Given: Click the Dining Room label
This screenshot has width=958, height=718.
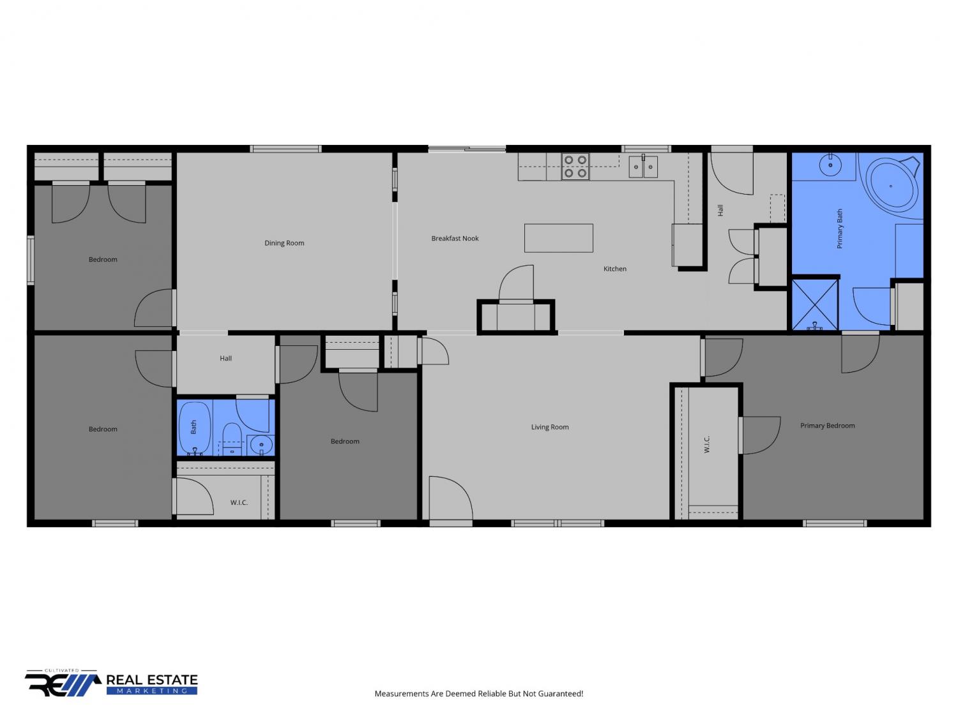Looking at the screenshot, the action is point(284,243).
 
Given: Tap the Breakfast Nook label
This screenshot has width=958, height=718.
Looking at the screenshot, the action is point(455,238).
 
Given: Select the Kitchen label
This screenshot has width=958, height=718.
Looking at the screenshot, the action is point(614,269).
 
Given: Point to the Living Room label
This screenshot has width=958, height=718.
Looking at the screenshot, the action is point(549,427).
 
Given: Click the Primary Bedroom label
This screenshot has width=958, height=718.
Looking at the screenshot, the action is point(827,426).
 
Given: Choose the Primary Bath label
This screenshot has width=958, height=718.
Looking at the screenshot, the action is point(839,229).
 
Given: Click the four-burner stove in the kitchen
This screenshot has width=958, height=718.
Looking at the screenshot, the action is point(575,167).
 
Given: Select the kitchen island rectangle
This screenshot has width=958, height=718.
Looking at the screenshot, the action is point(558,238).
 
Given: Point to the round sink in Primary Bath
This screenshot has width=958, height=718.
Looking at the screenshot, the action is point(830,165).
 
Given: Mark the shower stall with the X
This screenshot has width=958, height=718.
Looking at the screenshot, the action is point(814,304).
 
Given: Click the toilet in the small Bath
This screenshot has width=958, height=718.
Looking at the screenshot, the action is point(232,438).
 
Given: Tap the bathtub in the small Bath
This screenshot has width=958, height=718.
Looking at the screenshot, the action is point(195,428).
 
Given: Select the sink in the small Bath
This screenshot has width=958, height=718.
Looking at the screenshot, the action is point(261,445).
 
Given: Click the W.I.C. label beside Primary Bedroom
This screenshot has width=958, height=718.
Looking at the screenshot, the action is point(706,444).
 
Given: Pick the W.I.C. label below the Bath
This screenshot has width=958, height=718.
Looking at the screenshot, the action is point(239,502).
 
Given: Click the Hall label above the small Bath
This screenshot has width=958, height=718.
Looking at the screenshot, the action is point(225,358).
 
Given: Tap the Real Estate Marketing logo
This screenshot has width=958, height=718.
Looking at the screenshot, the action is point(111,683).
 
